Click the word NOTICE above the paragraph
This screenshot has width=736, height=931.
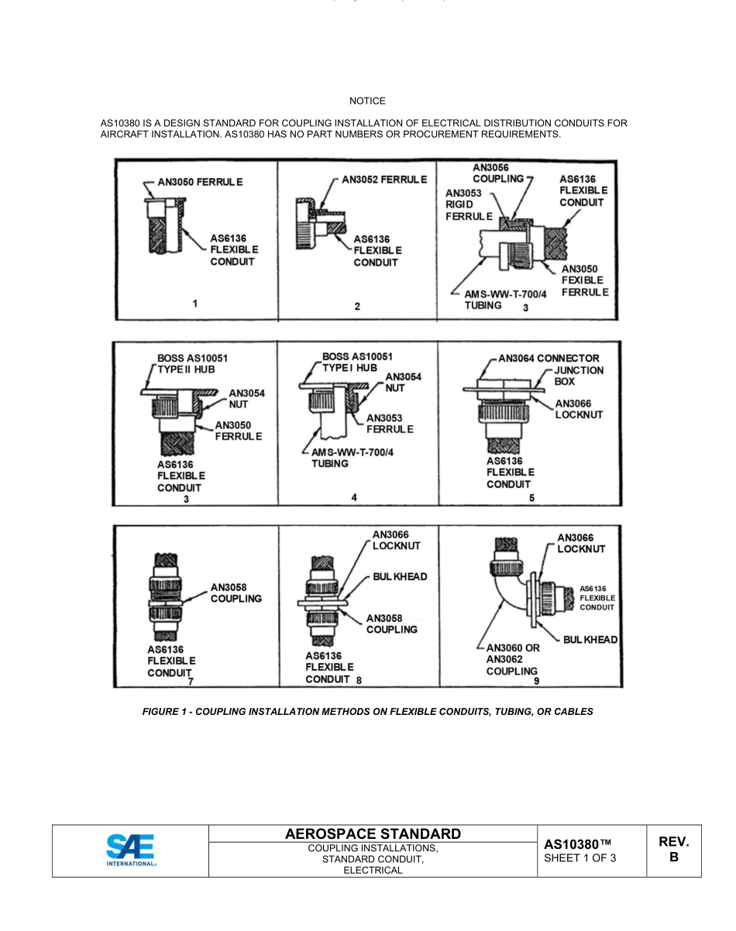tap(366, 101)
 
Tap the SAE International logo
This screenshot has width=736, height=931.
tap(130, 849)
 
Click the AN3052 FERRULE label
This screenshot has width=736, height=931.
tap(384, 180)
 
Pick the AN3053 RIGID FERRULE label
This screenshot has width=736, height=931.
tap(465, 204)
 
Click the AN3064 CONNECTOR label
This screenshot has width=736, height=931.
tap(549, 359)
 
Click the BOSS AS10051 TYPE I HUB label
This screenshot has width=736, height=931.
tap(357, 362)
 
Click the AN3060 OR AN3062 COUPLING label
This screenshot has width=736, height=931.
tap(513, 659)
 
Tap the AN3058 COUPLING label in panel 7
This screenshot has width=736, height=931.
tap(236, 593)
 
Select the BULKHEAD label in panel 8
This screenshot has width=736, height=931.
tap(400, 577)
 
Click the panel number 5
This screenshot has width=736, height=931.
tap(531, 497)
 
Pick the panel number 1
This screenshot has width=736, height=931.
tap(194, 304)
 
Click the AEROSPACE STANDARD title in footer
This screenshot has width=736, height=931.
tap(373, 834)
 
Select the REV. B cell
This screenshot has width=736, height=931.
tap(673, 850)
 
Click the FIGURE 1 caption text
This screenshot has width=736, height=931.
tap(367, 711)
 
